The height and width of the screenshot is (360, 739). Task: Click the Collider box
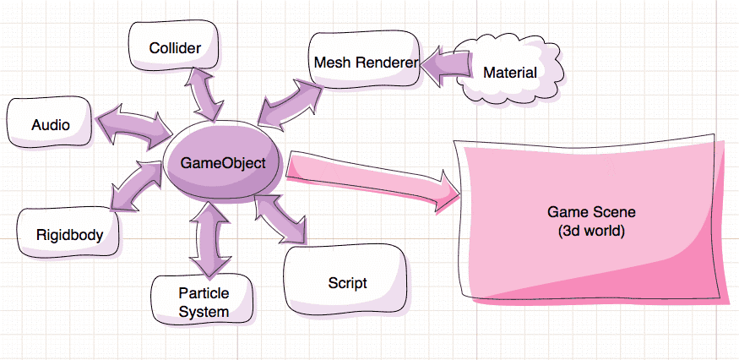(x=175, y=48)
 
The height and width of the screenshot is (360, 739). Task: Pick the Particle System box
(x=204, y=302)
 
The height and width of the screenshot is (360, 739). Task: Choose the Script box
(x=347, y=282)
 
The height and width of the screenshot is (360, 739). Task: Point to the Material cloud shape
(x=509, y=73)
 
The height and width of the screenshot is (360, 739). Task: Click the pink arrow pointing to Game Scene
(x=372, y=178)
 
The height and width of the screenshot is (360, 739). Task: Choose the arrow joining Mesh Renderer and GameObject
(x=291, y=99)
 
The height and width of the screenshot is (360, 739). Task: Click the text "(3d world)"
(x=591, y=229)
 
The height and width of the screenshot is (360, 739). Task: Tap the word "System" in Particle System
(x=204, y=312)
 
